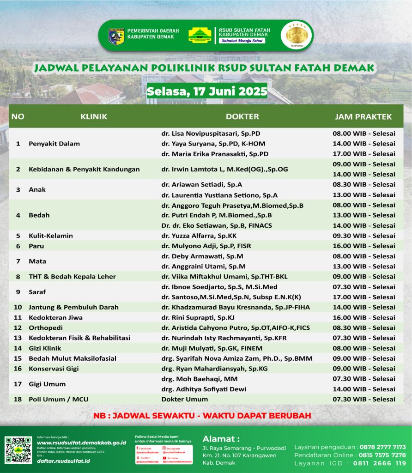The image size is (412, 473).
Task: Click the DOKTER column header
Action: (242, 116)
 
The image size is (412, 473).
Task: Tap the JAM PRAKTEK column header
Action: (363, 116)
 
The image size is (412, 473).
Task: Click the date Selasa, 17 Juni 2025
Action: (206, 91)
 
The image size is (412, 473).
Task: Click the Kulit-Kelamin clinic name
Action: (51, 236)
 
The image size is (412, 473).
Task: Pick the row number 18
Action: (18, 399)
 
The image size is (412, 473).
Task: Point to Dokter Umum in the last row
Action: (184, 399)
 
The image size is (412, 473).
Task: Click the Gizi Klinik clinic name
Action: (45, 348)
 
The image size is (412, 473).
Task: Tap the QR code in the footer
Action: (18, 450)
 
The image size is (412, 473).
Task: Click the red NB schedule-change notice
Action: (202, 415)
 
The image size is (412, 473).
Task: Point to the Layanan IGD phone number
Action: (379, 463)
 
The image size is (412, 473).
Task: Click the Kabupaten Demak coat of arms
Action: (116, 36)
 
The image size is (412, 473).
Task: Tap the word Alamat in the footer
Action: (221, 438)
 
